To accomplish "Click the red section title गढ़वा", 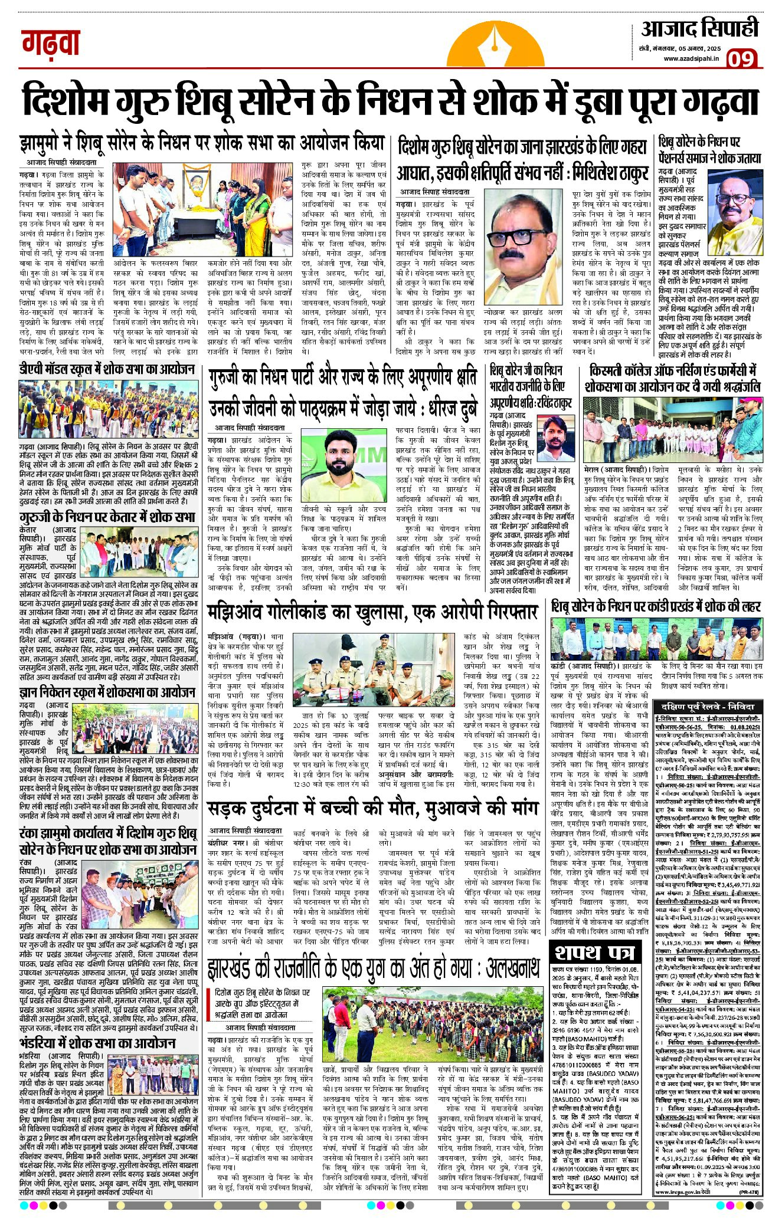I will coord(51,43).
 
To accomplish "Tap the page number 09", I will coord(742,60).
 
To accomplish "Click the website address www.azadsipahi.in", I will coord(691,58).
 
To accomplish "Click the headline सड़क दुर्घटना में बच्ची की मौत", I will coord(372,807).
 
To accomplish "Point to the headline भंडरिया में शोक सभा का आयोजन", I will coord(97,1043).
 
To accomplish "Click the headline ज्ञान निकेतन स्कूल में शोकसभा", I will coord(107,692).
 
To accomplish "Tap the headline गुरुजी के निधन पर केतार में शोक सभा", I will coord(107,517).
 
